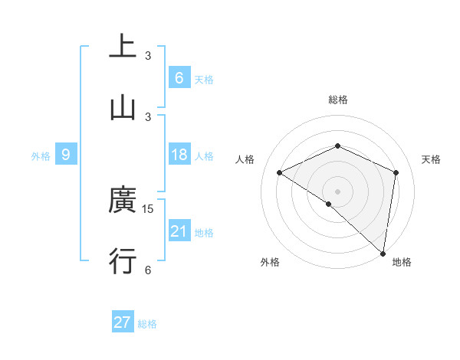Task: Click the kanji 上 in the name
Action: click(123, 47)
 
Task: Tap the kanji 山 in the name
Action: click(123, 108)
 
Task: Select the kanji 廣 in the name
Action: click(123, 201)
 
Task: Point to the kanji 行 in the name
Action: click(123, 261)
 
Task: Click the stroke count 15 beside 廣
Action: click(149, 208)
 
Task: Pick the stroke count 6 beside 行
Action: click(148, 270)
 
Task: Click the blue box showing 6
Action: click(179, 77)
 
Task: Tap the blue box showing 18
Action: click(179, 155)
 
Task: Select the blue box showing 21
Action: click(179, 231)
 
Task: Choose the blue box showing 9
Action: click(66, 155)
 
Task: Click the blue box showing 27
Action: click(123, 322)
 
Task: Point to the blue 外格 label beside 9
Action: click(41, 156)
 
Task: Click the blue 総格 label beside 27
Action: click(147, 324)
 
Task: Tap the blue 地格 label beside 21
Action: click(204, 233)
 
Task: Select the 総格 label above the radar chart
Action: click(338, 100)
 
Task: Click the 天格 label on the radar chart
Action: click(431, 159)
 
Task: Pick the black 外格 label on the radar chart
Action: click(270, 262)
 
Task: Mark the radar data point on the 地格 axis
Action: click(383, 253)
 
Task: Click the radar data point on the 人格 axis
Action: click(280, 173)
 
